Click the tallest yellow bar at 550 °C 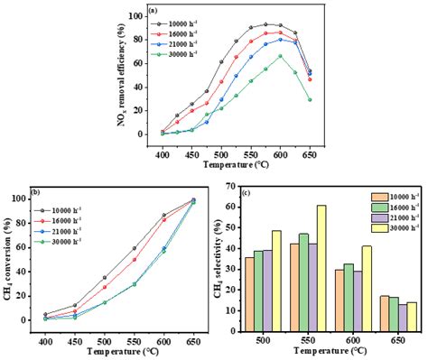(x=321, y=260)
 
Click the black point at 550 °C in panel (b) (x=135, y=248)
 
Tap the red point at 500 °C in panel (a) (x=222, y=81)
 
